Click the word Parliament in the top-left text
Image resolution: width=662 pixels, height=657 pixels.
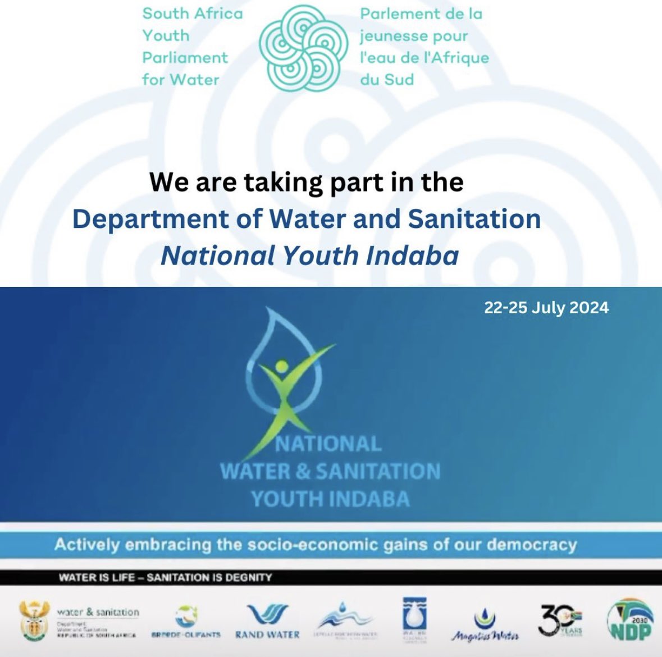(185, 57)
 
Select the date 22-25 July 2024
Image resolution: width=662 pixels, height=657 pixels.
(546, 308)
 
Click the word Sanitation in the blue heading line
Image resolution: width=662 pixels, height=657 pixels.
(474, 220)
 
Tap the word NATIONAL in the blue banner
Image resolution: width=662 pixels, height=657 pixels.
(328, 444)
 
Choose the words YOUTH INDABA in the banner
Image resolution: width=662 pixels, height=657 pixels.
(330, 499)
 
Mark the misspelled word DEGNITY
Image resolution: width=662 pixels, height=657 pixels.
(249, 577)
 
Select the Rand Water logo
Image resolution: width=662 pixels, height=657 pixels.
(267, 621)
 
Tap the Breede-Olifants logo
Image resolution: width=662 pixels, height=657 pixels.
(186, 621)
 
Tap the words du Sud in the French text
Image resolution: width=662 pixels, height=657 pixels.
(387, 79)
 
